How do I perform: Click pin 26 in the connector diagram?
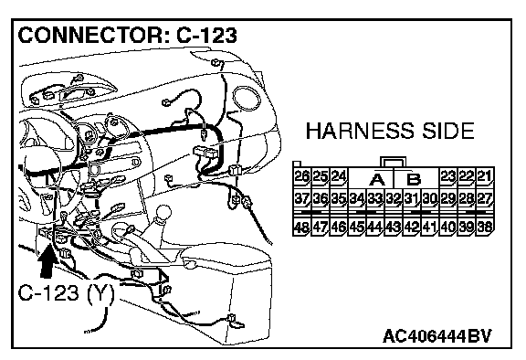301,176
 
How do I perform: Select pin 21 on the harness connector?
484,176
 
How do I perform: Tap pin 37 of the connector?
301,199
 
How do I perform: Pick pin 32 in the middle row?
393,199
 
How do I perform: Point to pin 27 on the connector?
484,199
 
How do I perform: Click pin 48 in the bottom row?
301,228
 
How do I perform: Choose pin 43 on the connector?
393,228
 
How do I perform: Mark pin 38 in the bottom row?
484,228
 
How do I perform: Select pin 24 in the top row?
338,176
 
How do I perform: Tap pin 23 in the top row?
447,176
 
